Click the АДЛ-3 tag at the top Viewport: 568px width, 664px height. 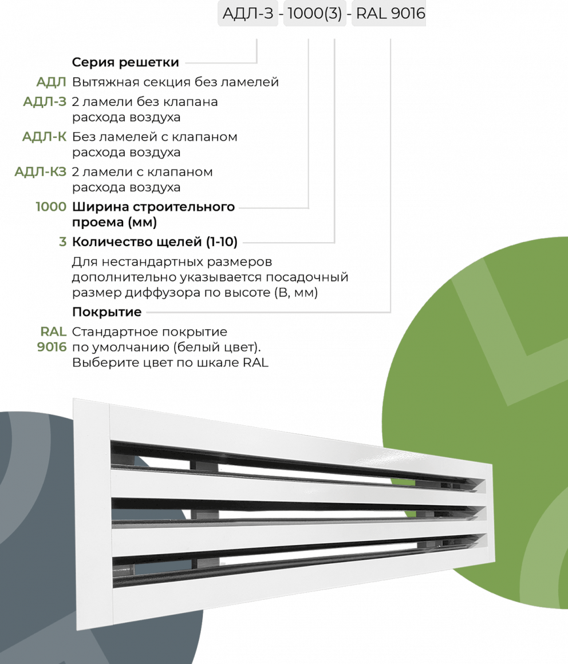[x=247, y=13]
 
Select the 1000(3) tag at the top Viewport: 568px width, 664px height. [x=314, y=13]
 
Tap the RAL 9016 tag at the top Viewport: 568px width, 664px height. [x=391, y=13]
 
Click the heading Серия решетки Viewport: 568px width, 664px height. [x=125, y=62]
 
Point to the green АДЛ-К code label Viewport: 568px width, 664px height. [x=44, y=137]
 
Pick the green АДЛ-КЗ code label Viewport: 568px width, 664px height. [x=40, y=172]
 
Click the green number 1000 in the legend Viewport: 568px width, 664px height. [x=50, y=206]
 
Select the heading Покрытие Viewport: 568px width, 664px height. [x=107, y=313]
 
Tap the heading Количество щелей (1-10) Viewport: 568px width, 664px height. [x=155, y=242]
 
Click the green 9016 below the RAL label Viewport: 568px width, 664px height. [x=52, y=347]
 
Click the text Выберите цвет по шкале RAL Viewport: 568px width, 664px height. [x=170, y=362]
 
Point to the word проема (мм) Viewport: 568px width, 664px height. [x=115, y=222]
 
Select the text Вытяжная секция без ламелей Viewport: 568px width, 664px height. [x=175, y=83]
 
